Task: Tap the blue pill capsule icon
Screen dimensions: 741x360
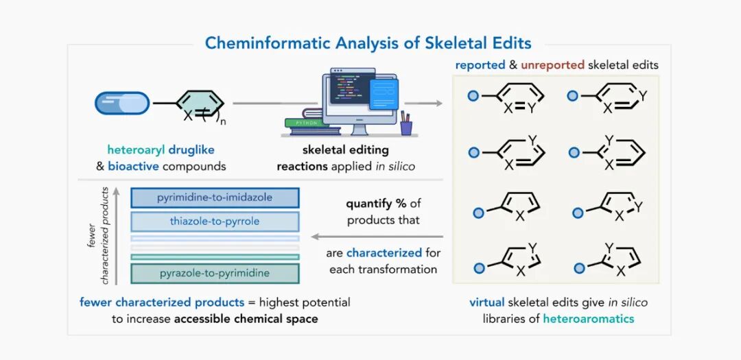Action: pos(122,103)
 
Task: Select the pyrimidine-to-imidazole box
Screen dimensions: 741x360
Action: pos(215,197)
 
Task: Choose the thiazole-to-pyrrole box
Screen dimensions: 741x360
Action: pos(215,221)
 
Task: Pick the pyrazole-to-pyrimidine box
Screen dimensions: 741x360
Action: pos(215,274)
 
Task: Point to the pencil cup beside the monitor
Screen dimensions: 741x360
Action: pos(406,125)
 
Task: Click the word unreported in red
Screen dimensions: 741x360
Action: pos(552,65)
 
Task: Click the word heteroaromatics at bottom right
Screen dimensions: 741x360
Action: pos(589,318)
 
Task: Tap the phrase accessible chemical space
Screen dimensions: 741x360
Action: pos(246,318)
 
